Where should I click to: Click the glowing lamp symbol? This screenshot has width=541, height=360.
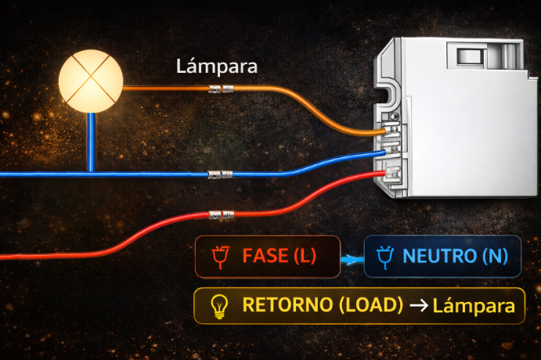click(x=92, y=81)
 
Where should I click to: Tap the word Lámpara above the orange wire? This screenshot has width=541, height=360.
click(x=217, y=67)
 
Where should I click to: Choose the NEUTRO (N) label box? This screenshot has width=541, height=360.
click(x=442, y=256)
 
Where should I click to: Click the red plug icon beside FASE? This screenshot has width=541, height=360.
click(x=221, y=257)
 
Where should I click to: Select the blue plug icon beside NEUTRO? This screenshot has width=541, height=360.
click(x=384, y=256)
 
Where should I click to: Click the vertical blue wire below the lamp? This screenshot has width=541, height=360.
click(x=92, y=141)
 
